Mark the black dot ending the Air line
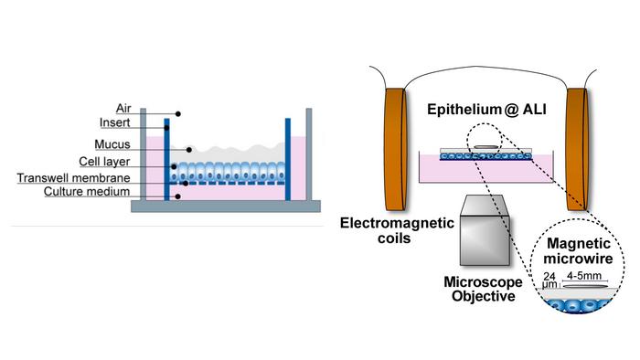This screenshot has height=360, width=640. (x=177, y=114)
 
